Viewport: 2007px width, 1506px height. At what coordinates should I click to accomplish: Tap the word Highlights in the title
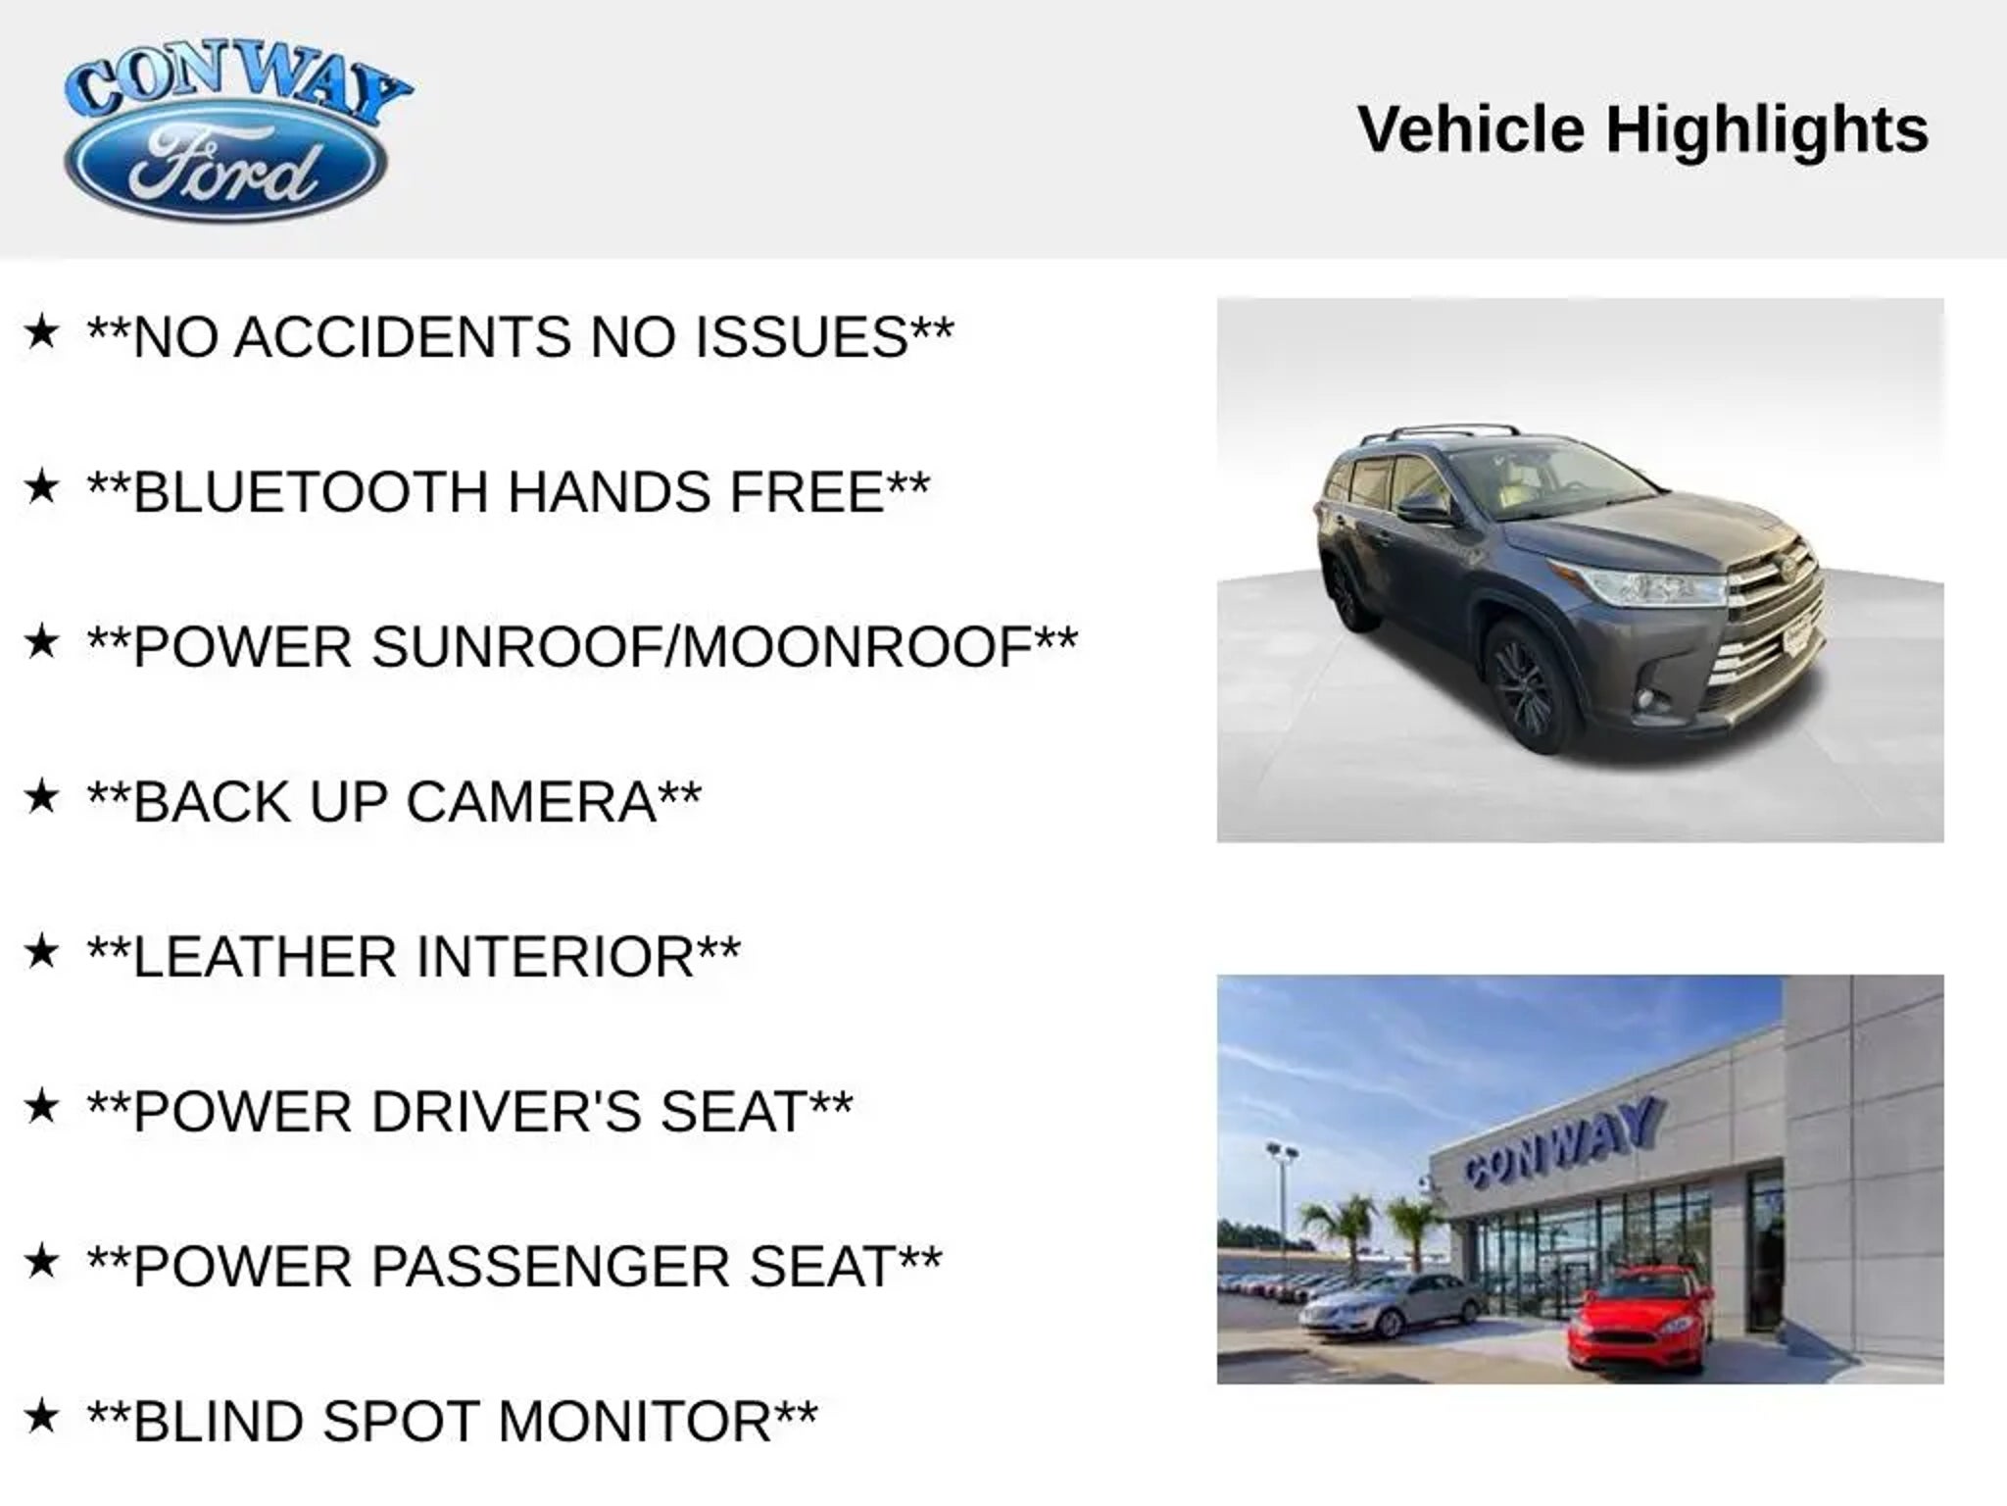(x=1767, y=130)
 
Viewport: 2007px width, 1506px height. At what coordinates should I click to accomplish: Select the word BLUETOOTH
(x=311, y=492)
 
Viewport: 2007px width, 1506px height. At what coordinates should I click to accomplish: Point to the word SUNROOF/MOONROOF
(x=703, y=647)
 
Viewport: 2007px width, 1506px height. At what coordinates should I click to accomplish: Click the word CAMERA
(x=531, y=802)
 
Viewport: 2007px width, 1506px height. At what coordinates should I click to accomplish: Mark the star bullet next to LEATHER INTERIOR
(x=41, y=951)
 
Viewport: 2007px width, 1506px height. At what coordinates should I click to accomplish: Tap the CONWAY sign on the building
(x=1563, y=1141)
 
